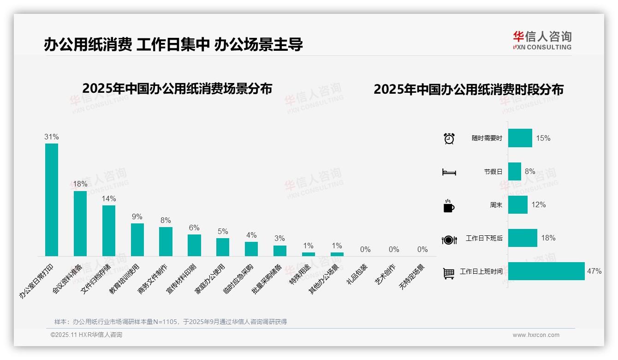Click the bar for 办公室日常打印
point(51,199)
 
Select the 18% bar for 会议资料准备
point(80,223)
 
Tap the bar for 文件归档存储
point(108,230)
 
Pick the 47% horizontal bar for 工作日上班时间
point(546,271)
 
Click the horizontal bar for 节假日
point(514,171)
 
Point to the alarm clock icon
point(449,138)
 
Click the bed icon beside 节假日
point(449,172)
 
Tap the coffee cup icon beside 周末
point(449,205)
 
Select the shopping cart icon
point(449,273)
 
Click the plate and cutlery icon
point(449,240)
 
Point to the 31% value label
point(51,137)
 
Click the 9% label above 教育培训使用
point(137,217)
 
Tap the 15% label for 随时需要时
point(543,138)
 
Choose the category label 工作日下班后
point(484,239)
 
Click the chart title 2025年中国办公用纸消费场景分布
point(177,89)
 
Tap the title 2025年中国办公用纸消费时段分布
point(469,90)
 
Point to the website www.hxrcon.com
point(536,335)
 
